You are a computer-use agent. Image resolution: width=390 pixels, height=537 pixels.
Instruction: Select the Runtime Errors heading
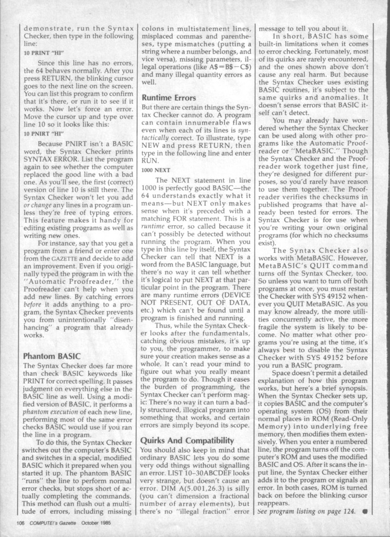(x=169, y=98)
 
